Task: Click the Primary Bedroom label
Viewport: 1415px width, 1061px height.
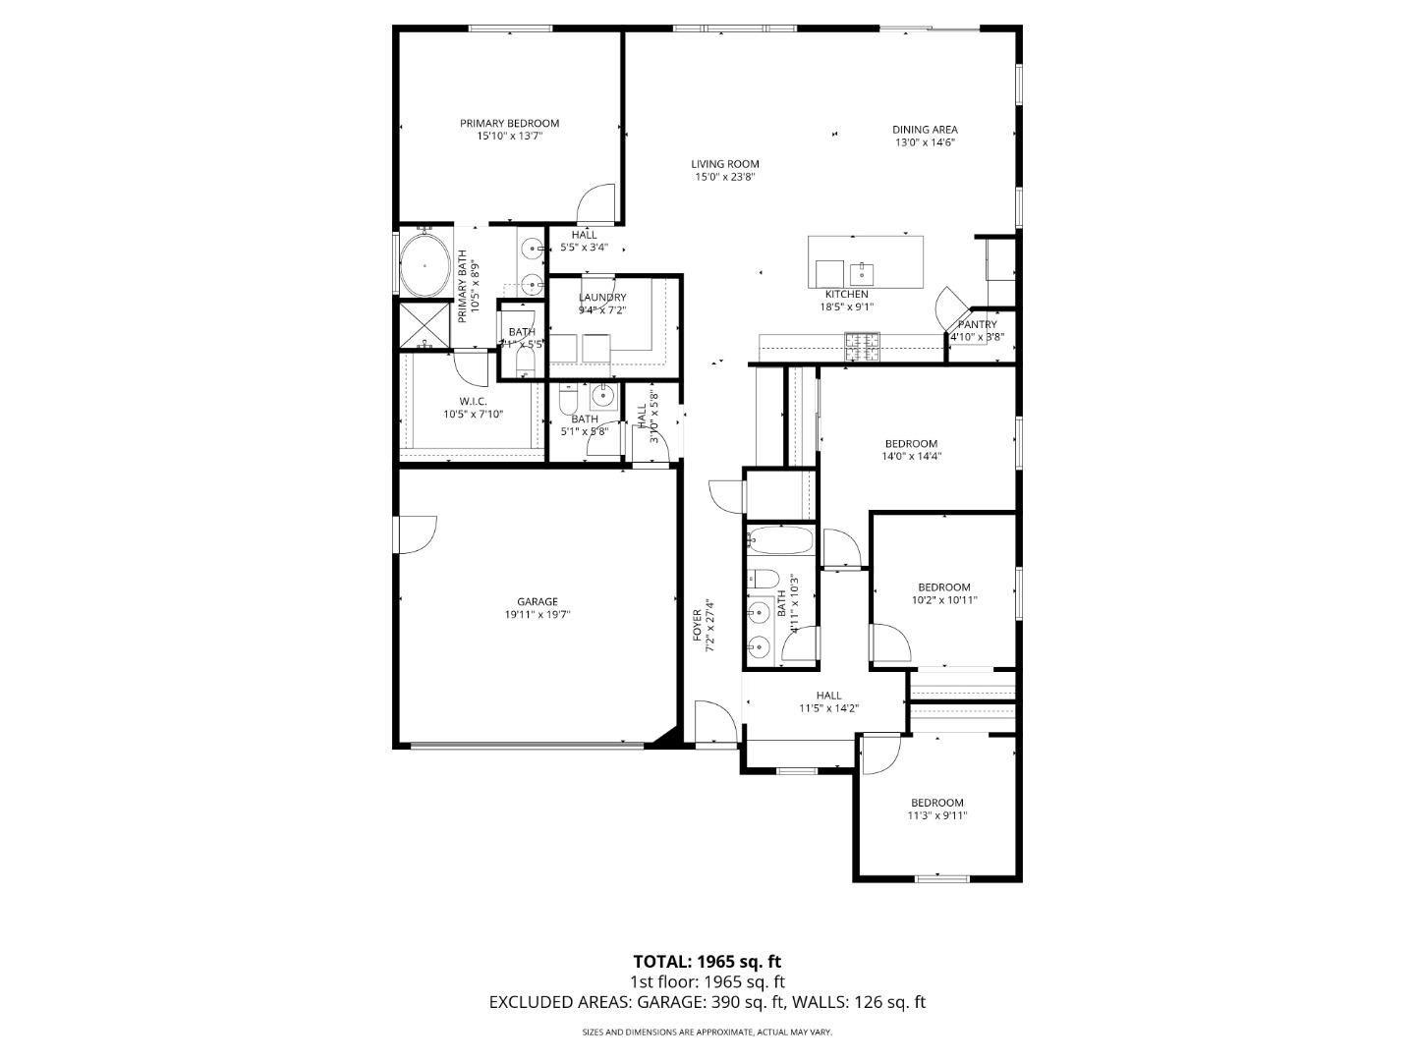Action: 509,124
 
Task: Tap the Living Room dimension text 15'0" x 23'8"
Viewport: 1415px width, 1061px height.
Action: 725,178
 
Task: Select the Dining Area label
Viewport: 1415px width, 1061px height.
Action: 925,130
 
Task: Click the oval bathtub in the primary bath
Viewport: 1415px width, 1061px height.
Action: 424,265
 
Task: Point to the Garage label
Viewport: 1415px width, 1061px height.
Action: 538,602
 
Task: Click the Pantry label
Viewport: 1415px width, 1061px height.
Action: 977,325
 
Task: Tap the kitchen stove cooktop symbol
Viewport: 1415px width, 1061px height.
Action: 863,345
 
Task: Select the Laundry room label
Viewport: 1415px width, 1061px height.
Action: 602,298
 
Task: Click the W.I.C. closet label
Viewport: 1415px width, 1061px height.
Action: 473,401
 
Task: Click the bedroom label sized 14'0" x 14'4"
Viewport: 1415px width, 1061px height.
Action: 911,444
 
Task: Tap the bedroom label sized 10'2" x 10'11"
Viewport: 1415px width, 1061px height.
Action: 944,587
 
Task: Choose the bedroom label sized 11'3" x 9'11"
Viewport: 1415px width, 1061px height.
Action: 936,803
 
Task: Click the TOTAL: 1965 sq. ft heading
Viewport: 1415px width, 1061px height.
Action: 707,962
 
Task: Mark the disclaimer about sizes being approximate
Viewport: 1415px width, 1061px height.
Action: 707,1033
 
